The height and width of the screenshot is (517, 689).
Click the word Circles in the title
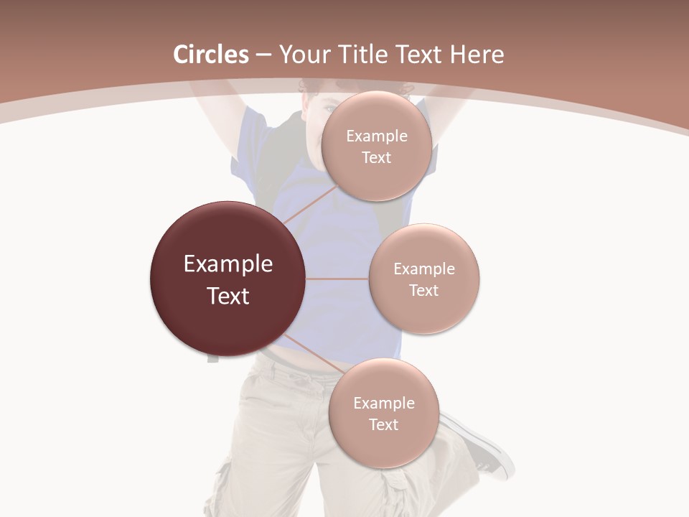(211, 55)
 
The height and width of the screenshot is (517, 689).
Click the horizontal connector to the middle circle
(337, 279)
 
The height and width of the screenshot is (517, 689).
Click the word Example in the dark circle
(228, 264)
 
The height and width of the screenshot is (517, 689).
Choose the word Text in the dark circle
(228, 296)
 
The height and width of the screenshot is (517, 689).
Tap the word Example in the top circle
(376, 136)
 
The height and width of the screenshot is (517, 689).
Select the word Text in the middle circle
(424, 290)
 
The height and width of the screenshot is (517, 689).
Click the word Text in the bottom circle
(383, 424)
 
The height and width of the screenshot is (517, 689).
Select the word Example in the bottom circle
(383, 404)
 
